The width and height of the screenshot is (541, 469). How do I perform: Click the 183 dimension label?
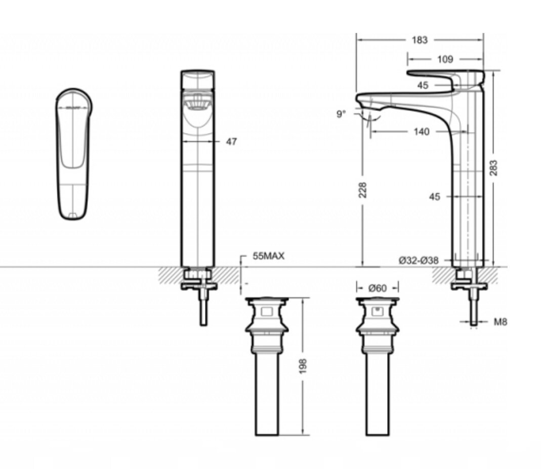tap(420, 40)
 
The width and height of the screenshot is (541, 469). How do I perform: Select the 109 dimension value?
tap(445, 59)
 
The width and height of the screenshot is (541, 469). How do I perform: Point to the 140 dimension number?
tap(421, 132)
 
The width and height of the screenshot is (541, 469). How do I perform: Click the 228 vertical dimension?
tap(362, 190)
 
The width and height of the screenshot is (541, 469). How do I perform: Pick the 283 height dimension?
tap(493, 167)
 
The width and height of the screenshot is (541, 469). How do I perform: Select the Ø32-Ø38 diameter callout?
tap(419, 261)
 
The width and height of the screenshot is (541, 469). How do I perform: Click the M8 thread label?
tap(501, 322)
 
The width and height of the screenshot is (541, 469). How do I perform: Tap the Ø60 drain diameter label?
tap(378, 287)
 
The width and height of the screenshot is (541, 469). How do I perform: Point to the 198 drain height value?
tap(303, 366)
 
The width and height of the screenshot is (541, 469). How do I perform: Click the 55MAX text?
tap(269, 256)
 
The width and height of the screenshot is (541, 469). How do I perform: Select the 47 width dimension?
tap(231, 141)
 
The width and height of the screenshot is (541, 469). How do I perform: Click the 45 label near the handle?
tap(423, 85)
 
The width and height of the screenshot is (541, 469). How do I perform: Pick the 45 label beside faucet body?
tap(434, 197)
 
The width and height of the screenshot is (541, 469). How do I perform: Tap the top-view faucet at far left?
tap(74, 154)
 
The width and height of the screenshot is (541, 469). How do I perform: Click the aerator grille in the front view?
tap(198, 103)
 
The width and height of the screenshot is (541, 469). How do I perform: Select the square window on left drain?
tap(267, 312)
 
